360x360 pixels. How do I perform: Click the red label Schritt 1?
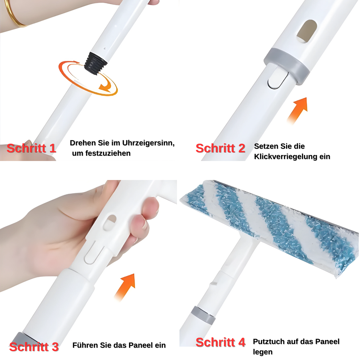coord(31,148)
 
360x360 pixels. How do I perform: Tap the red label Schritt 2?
coord(220,148)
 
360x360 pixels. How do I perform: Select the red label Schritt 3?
coord(34,347)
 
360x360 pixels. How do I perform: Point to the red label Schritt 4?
coord(220,342)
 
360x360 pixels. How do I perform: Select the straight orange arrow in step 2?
coord(297,110)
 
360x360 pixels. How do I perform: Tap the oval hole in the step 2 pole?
coord(307,31)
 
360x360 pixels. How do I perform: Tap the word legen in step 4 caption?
coord(263,352)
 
